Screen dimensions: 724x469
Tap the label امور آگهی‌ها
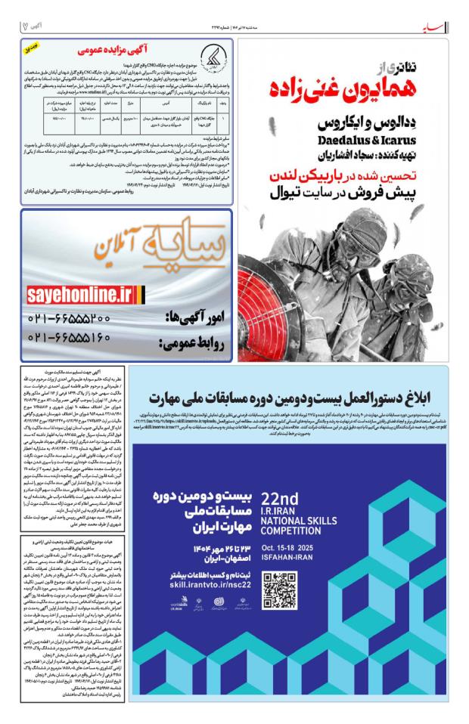(192, 317)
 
